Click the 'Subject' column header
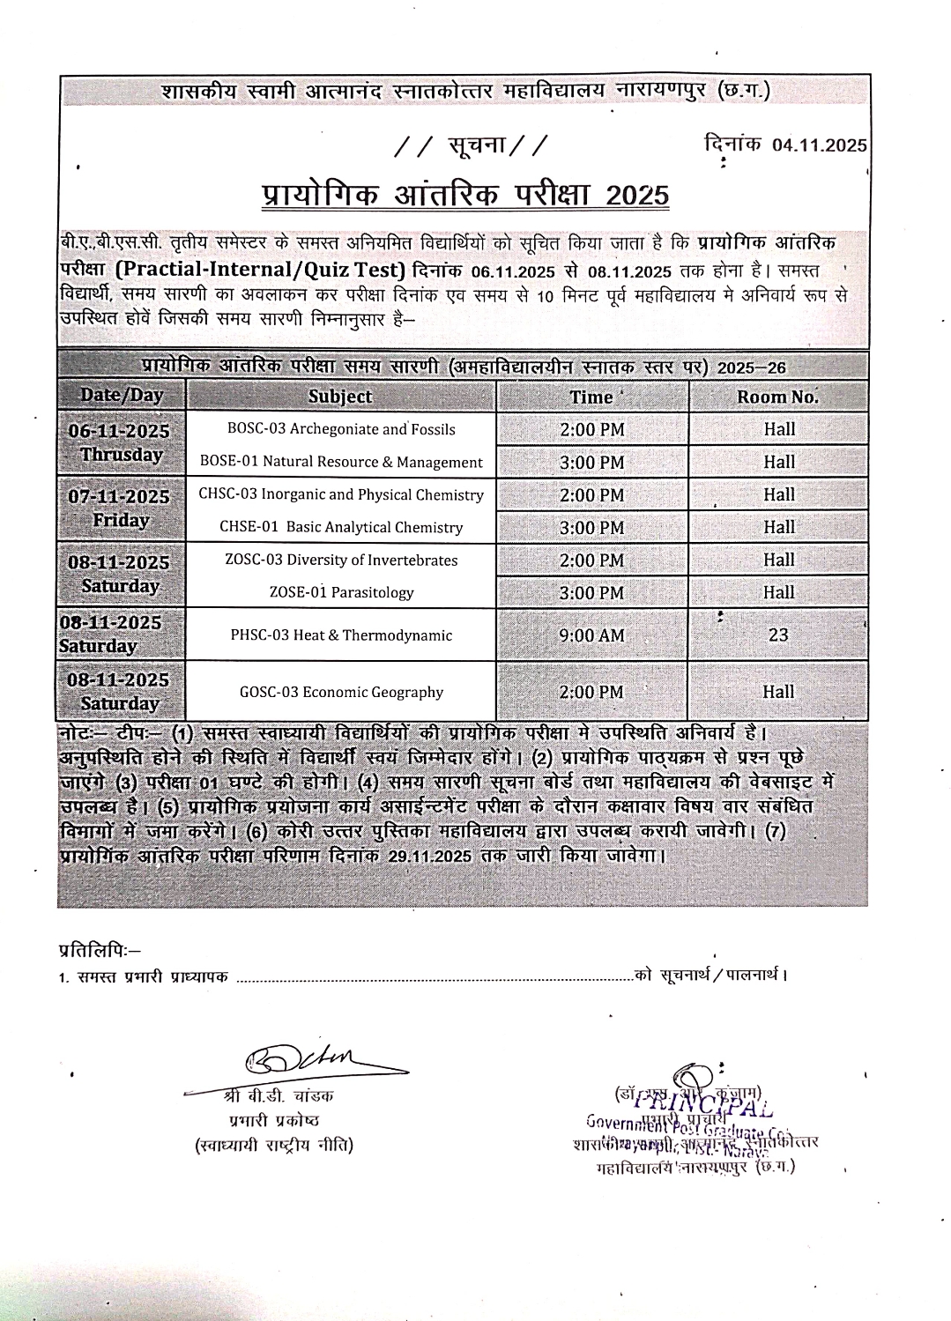340,397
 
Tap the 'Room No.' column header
777,397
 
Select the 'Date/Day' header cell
122,395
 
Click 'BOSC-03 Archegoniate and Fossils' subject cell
341,429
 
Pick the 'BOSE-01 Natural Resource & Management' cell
341,462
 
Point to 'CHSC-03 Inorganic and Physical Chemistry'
341,494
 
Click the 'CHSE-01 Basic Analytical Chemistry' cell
341,527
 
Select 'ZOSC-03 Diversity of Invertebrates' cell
341,560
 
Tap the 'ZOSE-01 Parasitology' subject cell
341,592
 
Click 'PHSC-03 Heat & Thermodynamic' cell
341,635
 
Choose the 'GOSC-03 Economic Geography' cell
341,692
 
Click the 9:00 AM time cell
591,635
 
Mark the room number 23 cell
777,635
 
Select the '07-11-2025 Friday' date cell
120,508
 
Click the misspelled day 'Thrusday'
122,455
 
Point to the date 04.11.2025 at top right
819,145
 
